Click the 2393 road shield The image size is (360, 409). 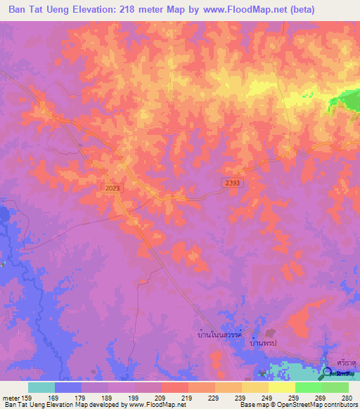[224, 181]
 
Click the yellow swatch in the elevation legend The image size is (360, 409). [281, 387]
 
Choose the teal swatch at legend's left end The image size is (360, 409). [41, 387]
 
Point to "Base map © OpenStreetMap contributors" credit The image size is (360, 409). [298, 405]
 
